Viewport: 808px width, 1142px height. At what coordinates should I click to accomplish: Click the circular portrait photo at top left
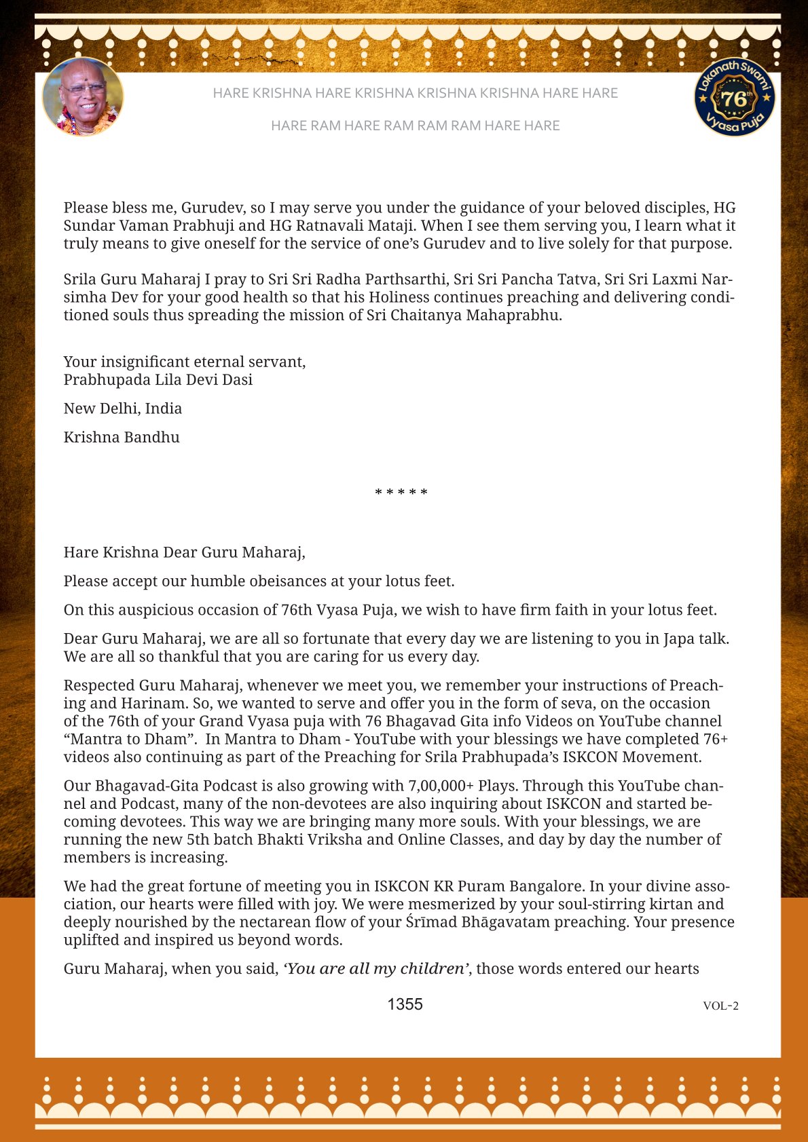(83, 97)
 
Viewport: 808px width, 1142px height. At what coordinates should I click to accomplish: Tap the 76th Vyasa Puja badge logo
(734, 97)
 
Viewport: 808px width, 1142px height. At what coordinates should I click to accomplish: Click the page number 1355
(405, 1004)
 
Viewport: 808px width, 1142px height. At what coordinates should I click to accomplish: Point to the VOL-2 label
(720, 1006)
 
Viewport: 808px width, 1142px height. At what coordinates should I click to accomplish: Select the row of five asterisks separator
(401, 493)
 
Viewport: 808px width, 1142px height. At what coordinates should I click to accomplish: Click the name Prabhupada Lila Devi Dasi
(158, 380)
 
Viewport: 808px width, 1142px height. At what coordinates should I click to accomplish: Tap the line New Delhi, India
(123, 408)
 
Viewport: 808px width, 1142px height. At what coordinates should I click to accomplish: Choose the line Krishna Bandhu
(122, 437)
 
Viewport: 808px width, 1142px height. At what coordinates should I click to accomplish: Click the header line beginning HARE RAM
(415, 126)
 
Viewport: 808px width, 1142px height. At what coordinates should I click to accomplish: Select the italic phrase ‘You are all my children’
(375, 968)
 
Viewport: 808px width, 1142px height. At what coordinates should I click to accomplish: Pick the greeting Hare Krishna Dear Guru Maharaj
(184, 552)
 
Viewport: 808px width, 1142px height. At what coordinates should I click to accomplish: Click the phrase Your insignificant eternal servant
(185, 362)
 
